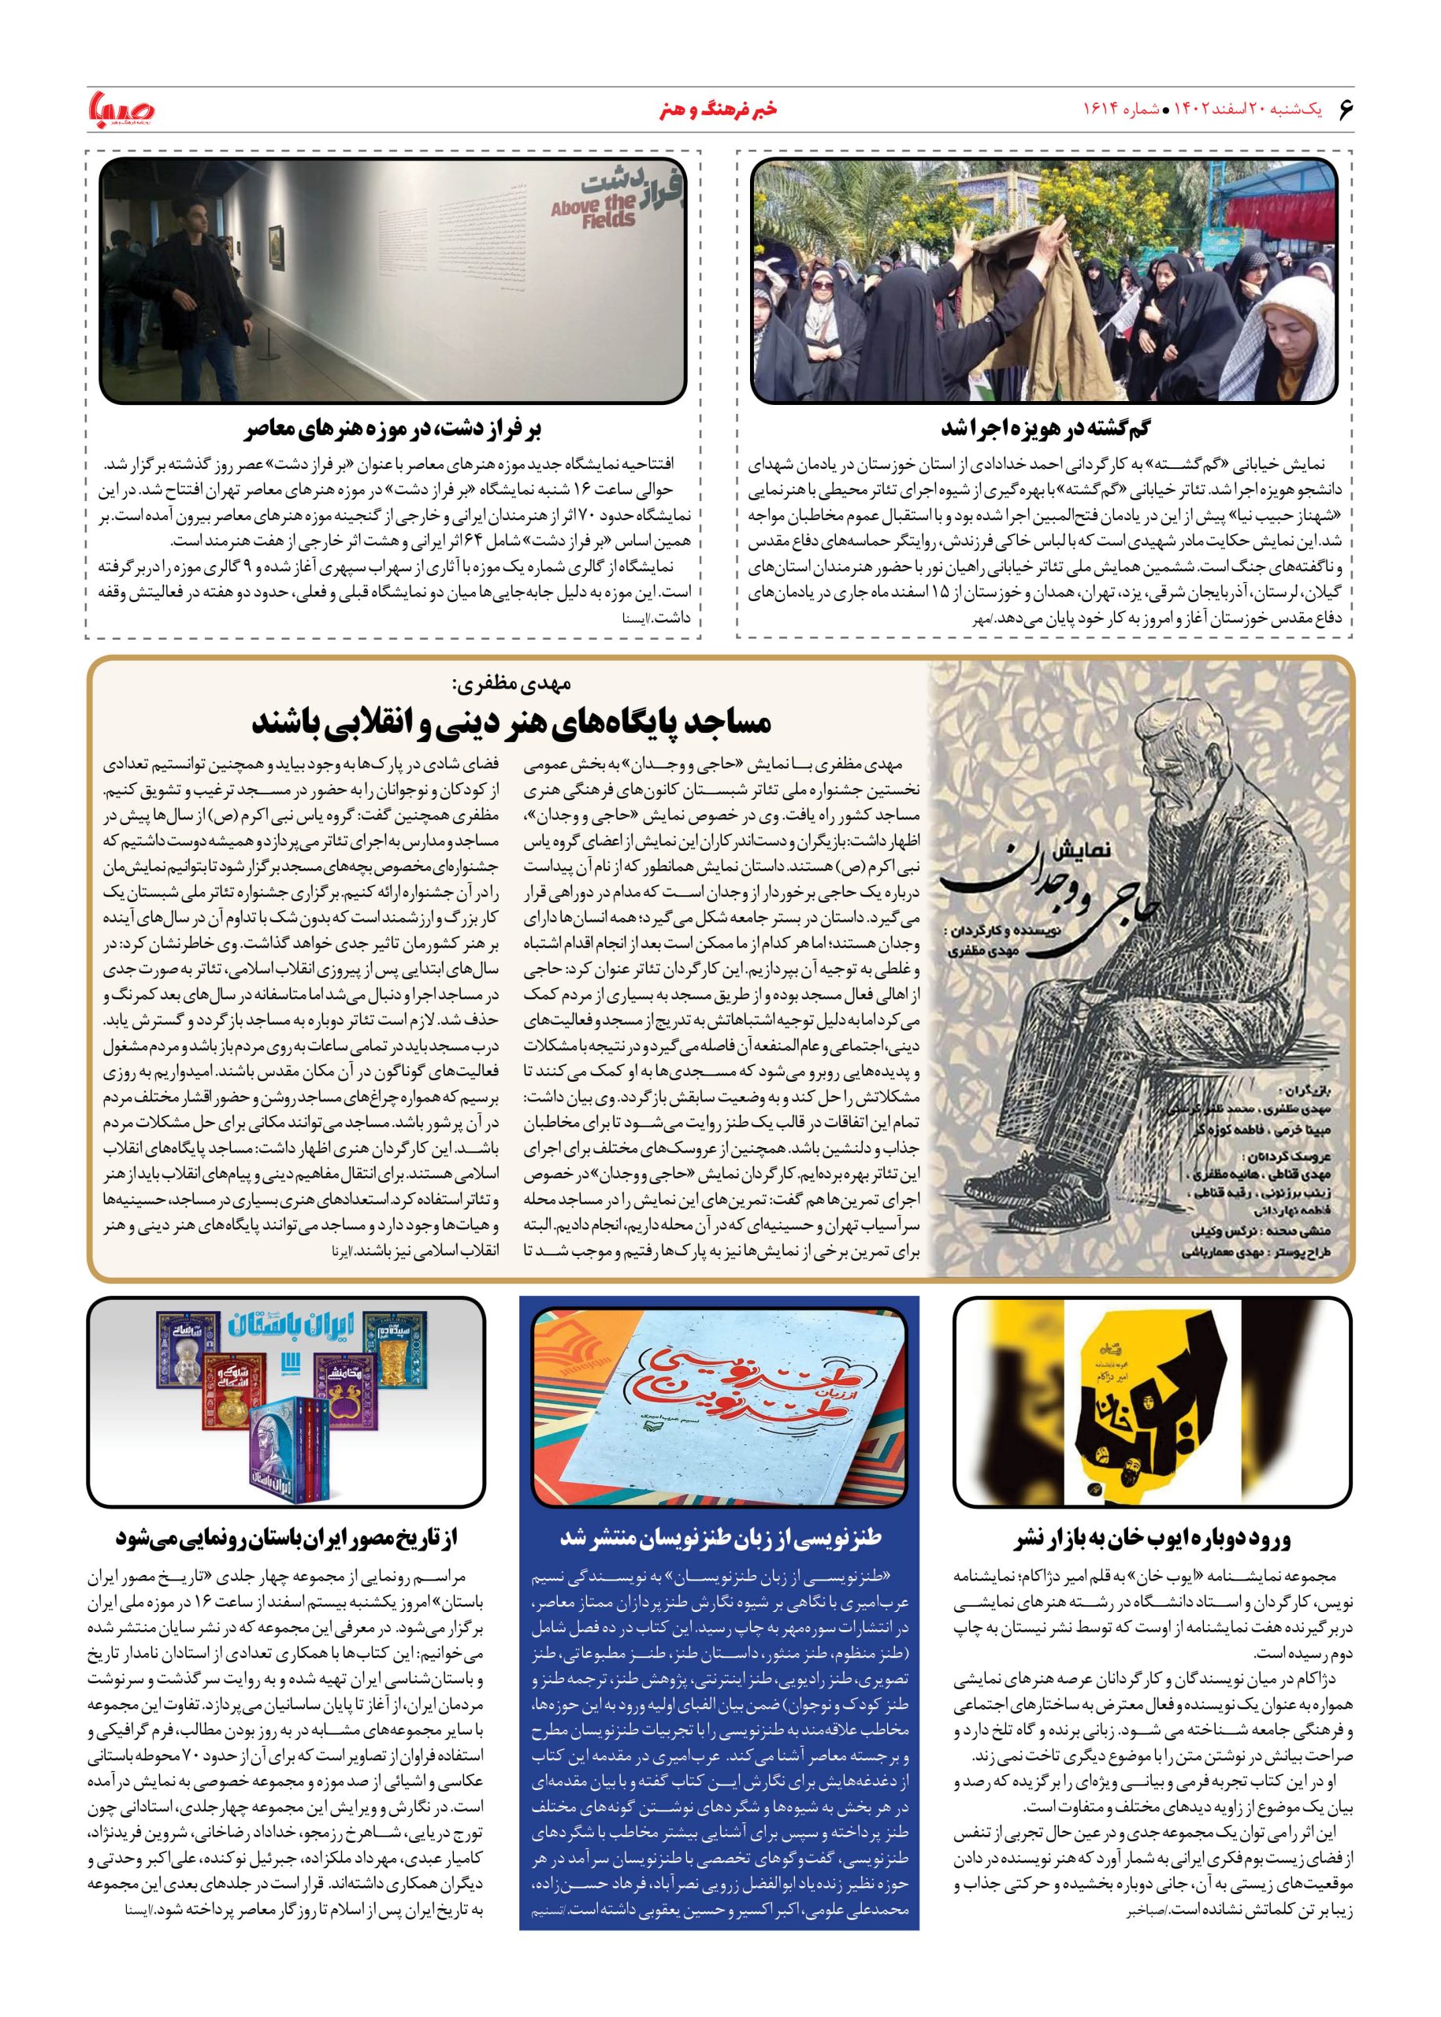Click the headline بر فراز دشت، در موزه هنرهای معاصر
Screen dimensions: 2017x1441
pyautogui.click(x=392, y=430)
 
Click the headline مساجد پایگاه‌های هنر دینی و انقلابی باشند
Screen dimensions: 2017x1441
pyautogui.click(x=512, y=723)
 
